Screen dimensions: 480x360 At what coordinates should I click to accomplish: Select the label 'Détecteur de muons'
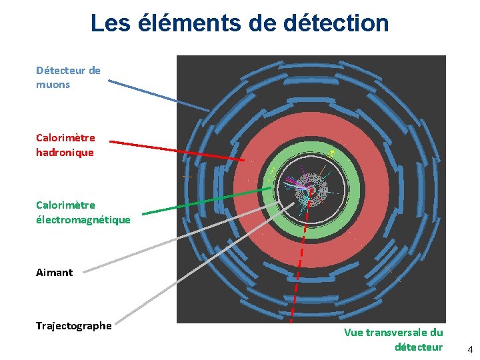(68, 77)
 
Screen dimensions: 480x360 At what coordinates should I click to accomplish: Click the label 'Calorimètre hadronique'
(65, 145)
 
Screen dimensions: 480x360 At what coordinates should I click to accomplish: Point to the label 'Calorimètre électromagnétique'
(83, 213)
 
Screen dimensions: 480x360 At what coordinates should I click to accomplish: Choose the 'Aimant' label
(54, 272)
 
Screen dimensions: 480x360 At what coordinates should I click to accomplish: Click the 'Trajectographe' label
(73, 325)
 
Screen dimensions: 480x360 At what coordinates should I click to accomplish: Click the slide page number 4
(469, 349)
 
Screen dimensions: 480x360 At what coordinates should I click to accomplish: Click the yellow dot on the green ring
(333, 153)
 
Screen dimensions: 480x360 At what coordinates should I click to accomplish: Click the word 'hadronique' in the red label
(65, 153)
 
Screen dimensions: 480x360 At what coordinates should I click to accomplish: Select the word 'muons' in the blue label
(53, 85)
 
